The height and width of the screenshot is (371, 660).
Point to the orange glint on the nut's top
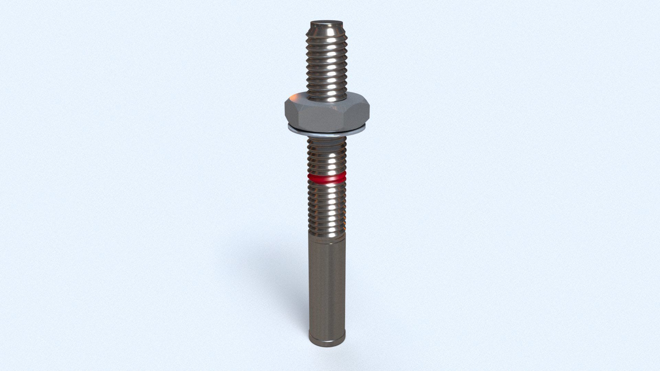coord(344,100)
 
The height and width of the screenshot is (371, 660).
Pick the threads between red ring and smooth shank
coord(327,206)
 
